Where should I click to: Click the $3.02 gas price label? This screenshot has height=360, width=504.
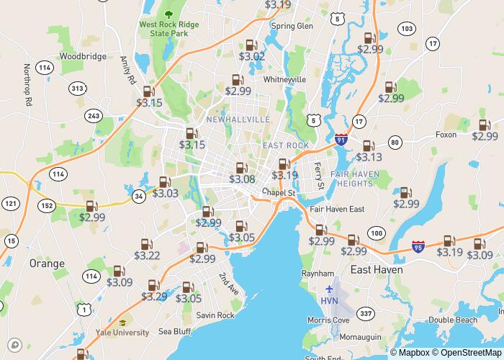(252, 56)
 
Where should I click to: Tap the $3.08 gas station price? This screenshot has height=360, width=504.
(242, 179)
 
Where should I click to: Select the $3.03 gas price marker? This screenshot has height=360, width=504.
(166, 193)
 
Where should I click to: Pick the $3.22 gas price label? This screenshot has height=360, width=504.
(147, 256)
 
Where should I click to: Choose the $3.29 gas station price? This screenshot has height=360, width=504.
(154, 296)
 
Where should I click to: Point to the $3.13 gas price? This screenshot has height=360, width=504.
(369, 157)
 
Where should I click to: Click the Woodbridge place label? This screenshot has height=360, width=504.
(83, 56)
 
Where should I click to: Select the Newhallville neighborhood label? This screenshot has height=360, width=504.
(238, 119)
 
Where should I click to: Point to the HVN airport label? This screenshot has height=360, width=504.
(329, 301)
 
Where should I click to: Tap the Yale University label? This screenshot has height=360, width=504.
(122, 333)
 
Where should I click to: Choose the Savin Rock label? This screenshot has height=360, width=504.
(215, 315)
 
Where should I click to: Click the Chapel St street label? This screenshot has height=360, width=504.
(279, 192)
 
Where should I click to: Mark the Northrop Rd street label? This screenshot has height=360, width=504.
(27, 86)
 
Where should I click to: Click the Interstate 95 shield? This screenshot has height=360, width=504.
(418, 247)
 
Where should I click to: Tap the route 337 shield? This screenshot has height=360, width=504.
(366, 313)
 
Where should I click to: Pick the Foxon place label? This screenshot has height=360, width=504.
(446, 135)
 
